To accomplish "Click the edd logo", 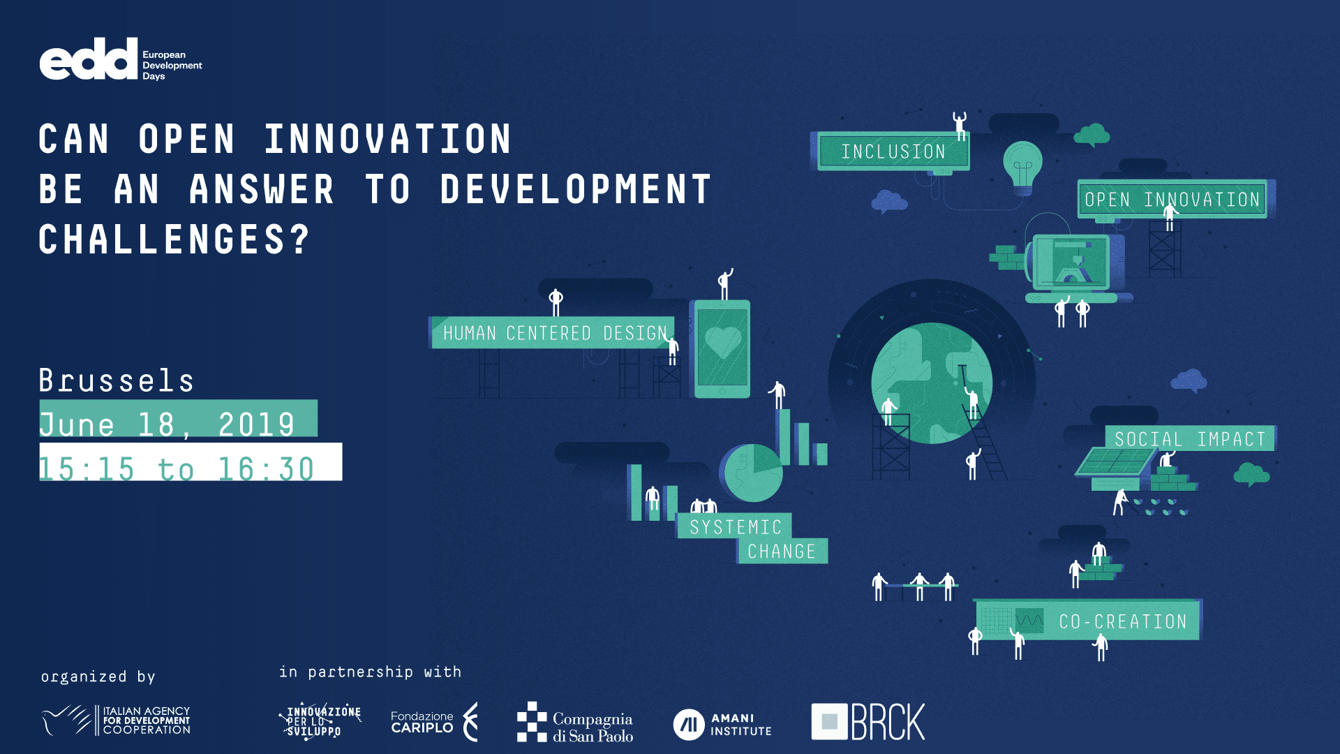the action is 121,59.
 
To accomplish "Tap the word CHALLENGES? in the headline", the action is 174,239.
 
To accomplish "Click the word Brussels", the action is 117,380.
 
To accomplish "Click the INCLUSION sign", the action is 893,151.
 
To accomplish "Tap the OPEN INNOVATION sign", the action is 1172,199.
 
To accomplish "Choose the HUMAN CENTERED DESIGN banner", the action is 553,333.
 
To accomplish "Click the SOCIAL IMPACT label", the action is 1190,438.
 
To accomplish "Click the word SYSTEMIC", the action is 735,526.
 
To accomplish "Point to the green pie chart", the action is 753,473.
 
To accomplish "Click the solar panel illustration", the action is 1115,461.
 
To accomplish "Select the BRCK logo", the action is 868,721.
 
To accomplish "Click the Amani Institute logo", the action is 722,724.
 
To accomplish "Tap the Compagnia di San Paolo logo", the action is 575,722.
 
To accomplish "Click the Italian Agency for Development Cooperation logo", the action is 116,720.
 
